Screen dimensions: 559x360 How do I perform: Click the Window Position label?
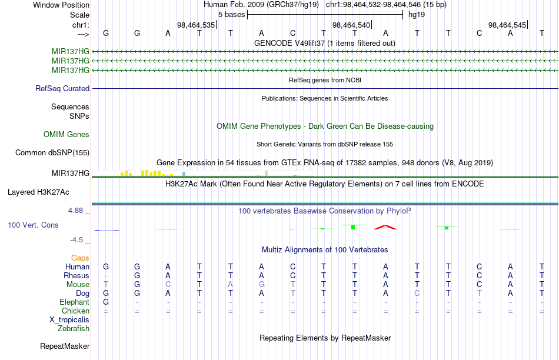[61, 5]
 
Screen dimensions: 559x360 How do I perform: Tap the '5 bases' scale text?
[232, 15]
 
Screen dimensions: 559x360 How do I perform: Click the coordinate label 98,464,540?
[351, 25]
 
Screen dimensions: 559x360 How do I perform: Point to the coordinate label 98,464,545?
[507, 25]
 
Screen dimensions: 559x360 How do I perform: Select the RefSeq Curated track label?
[62, 88]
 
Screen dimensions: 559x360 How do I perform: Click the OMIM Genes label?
[66, 134]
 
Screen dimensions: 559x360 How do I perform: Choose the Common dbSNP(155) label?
[52, 152]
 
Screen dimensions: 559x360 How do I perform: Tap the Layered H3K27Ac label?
[38, 192]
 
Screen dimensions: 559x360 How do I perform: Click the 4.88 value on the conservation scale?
[75, 211]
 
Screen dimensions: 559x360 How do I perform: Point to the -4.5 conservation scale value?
[76, 240]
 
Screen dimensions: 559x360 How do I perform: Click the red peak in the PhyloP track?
[385, 227]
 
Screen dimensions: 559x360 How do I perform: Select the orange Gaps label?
[80, 258]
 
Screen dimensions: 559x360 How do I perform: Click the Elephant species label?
[74, 302]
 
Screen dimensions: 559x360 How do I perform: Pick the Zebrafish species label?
[74, 328]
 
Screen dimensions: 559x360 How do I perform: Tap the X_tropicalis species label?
[69, 320]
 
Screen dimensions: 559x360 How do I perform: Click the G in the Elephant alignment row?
[106, 302]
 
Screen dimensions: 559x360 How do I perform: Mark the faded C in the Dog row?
[417, 294]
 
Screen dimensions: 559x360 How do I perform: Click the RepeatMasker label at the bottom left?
[65, 346]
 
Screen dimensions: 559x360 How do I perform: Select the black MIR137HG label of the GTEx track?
[70, 173]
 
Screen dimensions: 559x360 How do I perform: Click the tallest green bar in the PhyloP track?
[353, 227]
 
